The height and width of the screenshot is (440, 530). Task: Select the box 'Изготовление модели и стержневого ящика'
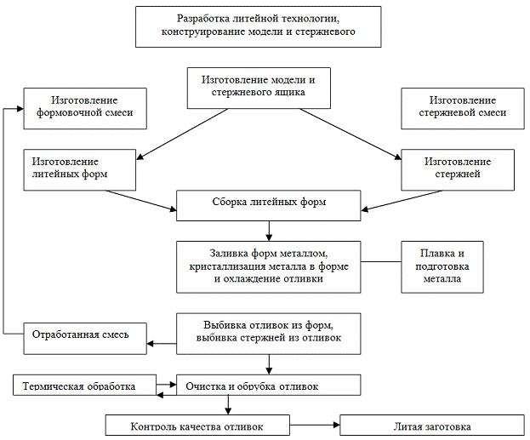click(258, 87)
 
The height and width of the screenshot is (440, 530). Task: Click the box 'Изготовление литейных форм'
click(80, 169)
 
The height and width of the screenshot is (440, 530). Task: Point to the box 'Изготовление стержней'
click(458, 169)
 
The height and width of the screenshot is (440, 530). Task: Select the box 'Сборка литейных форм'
click(269, 204)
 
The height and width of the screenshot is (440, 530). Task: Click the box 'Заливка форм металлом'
click(269, 266)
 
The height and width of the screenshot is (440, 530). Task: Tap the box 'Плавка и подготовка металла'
click(442, 266)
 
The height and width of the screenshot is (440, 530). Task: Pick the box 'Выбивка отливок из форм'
click(269, 332)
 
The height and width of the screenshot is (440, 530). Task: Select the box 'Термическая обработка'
click(86, 386)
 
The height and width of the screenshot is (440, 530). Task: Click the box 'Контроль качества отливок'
click(197, 426)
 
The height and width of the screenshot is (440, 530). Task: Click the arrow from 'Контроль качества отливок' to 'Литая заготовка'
click(315, 425)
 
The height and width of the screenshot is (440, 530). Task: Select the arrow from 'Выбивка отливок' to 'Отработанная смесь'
click(162, 344)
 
